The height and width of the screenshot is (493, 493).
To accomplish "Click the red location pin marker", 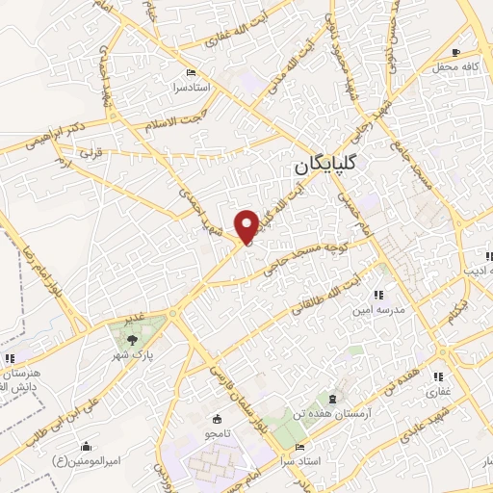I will (x=247, y=225).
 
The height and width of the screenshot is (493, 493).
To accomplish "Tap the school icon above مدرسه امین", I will (x=377, y=294).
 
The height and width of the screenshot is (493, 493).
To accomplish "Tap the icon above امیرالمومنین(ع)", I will (x=87, y=446).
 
